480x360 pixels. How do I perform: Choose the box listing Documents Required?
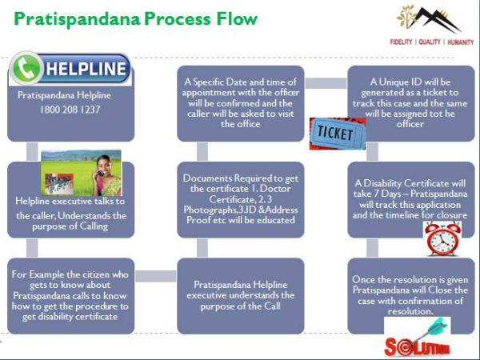point(241,198)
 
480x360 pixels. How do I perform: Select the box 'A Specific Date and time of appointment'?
point(241,102)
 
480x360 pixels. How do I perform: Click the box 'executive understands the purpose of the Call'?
point(241,294)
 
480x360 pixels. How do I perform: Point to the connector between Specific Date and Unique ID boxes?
point(326,82)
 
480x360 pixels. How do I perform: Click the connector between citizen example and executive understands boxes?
point(155,276)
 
